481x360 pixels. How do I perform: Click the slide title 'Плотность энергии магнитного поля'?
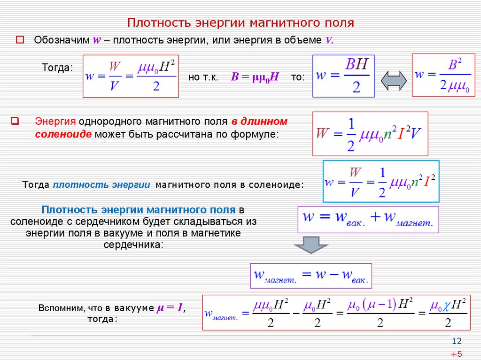tap(240, 23)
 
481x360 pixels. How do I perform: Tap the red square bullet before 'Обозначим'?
tap(20, 39)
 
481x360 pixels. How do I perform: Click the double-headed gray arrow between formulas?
tap(394, 81)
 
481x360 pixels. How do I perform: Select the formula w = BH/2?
tap(343, 76)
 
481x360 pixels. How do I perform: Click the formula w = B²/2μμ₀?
tap(443, 75)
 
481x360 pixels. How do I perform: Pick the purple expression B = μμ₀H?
tap(255, 77)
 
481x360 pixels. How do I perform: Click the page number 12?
tap(457, 341)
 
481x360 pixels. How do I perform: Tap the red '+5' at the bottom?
tap(457, 354)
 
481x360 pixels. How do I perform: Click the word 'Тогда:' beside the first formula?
tap(57, 68)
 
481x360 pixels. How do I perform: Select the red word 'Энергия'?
tap(55, 122)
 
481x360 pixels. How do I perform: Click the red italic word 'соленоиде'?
tap(63, 134)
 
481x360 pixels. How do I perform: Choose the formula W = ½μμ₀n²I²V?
tap(370, 134)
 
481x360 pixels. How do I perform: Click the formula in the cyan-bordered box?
tap(381, 181)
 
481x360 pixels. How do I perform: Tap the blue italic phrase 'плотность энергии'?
tap(101, 185)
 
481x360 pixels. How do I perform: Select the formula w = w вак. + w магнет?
tap(368, 220)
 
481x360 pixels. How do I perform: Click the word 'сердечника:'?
tap(133, 245)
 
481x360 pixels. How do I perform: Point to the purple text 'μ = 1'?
tap(170, 307)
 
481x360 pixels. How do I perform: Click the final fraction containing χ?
tap(448, 313)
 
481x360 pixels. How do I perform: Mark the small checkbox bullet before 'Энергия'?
tap(15, 121)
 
